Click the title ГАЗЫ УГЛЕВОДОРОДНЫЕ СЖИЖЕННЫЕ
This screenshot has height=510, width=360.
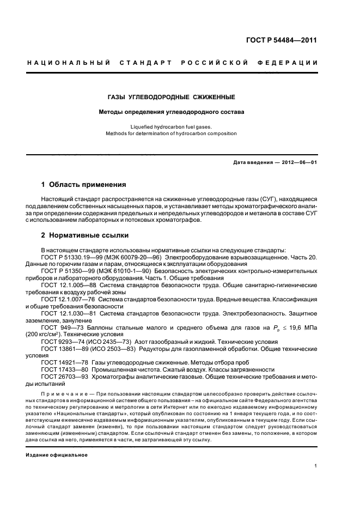pos(171,98)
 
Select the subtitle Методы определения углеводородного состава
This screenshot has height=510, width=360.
pos(171,112)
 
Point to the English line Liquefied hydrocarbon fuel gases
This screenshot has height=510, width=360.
pos(171,126)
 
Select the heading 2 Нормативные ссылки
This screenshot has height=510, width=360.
pos(85,235)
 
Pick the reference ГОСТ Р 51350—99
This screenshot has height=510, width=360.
pos(68,271)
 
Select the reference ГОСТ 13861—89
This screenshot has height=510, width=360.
pos(62,349)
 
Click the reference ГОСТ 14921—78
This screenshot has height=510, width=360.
pos(62,362)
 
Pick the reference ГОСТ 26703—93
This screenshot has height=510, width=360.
pos(62,377)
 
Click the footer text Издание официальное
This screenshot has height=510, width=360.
pos(57,454)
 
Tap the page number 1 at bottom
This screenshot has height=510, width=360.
pos(316,466)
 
